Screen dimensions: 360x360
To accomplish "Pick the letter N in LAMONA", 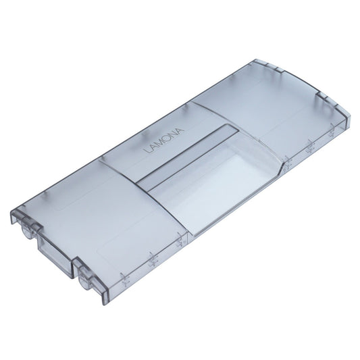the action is [174, 134].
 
